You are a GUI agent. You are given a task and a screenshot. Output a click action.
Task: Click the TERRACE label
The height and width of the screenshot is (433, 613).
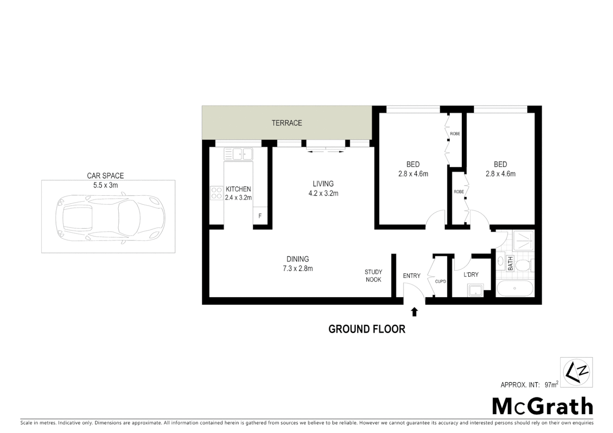click(286, 123)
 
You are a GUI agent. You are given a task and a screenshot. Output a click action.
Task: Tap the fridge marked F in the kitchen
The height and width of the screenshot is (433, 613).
click(260, 216)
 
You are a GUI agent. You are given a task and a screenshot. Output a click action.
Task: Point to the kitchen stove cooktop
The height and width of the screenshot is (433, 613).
click(217, 193)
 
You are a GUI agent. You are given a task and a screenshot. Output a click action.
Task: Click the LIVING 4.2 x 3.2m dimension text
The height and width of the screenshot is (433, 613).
click(323, 194)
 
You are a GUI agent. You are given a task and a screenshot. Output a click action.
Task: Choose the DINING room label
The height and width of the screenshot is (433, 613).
click(298, 259)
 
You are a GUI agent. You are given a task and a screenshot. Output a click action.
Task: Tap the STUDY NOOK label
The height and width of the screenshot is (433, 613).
click(373, 276)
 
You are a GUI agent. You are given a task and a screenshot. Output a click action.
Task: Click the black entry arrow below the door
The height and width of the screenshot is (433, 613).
click(414, 312)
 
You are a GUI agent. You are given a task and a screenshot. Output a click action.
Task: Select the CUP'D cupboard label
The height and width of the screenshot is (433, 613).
click(440, 281)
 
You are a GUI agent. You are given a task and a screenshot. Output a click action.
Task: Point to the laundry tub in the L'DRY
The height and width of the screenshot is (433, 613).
click(476, 290)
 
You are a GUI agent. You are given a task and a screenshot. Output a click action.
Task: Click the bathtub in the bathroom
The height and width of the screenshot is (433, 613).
click(515, 288)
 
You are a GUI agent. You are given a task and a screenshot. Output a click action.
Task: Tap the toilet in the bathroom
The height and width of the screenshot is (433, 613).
click(524, 265)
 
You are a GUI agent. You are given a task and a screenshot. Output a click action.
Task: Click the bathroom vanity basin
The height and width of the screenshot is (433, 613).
click(501, 262)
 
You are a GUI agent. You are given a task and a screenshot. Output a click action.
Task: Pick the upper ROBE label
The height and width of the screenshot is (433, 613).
click(455, 134)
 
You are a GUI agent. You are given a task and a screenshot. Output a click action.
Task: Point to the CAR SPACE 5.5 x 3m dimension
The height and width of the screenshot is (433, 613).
click(106, 185)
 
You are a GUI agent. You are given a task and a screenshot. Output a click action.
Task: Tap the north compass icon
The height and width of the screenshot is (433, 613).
click(576, 372)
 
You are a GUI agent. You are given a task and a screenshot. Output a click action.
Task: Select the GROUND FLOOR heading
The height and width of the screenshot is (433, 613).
click(367, 329)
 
